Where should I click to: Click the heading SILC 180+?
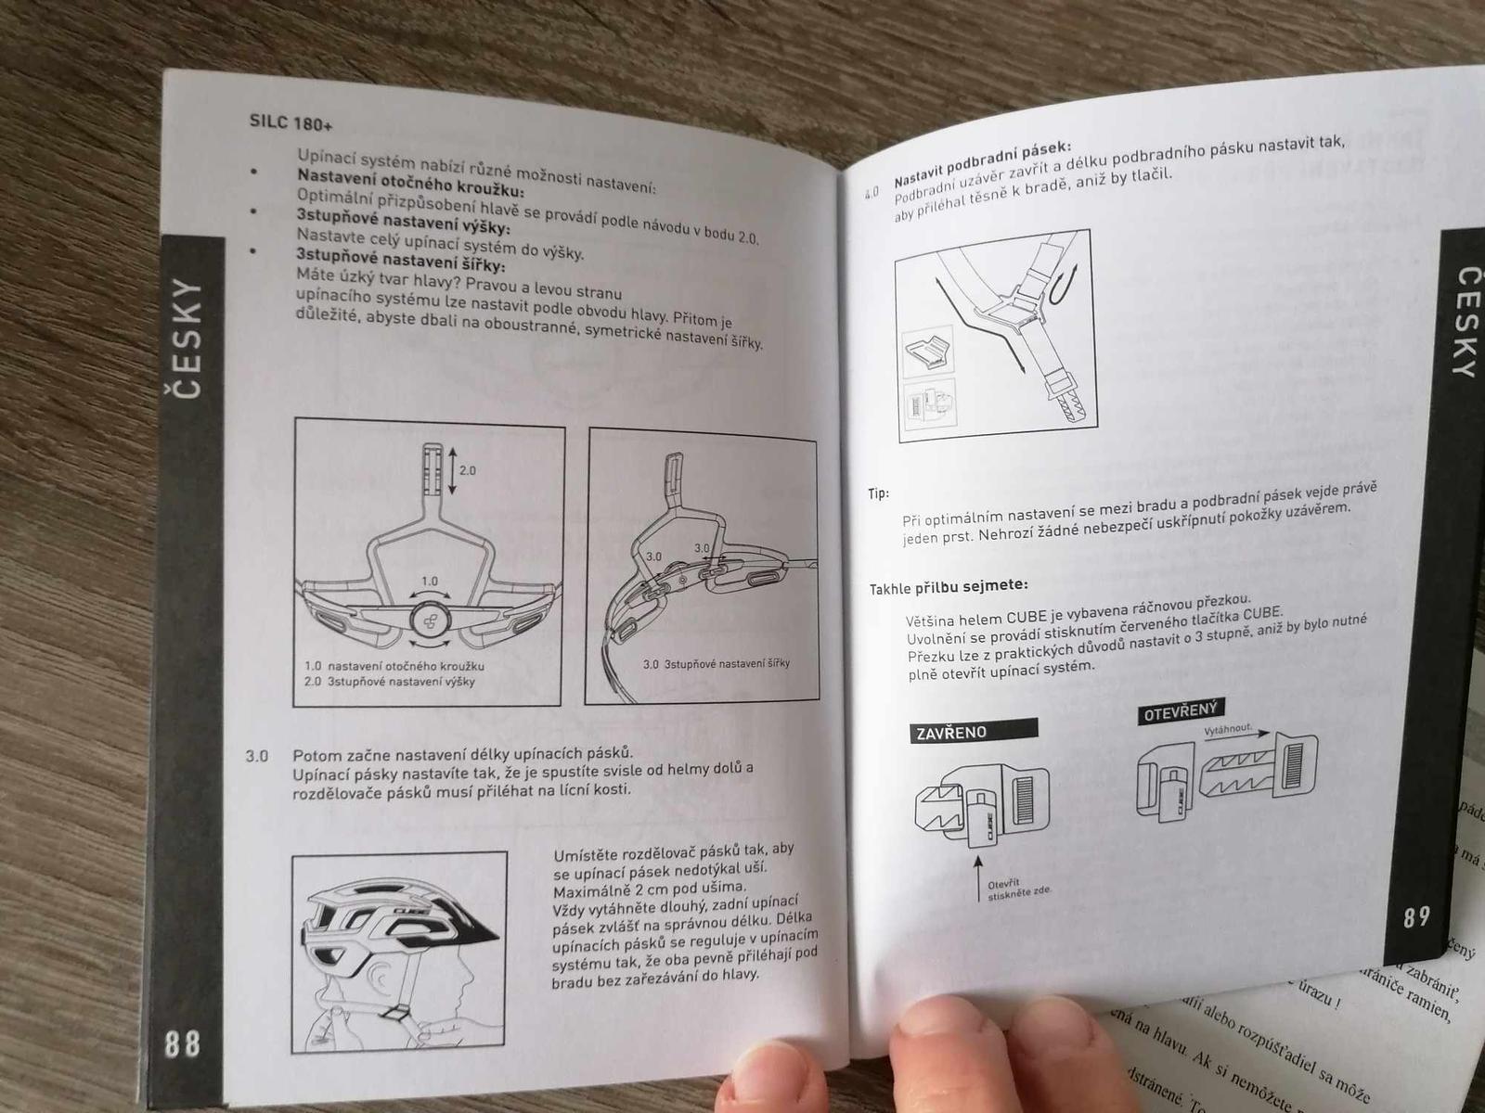coord(291,123)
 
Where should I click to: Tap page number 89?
coord(1416,917)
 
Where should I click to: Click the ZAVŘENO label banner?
coord(974,731)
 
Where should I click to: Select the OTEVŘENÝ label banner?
coord(1182,710)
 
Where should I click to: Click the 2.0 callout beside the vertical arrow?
coord(468,470)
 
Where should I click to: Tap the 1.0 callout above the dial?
coord(430,581)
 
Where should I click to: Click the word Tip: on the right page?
coord(878,494)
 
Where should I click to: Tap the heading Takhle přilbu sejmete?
coord(949,586)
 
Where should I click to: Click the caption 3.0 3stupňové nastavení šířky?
coord(716,663)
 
